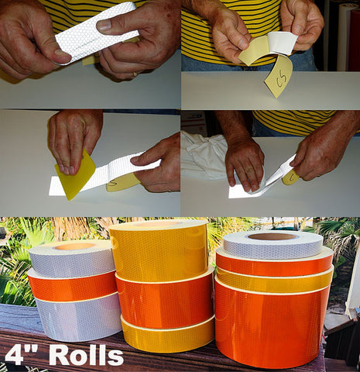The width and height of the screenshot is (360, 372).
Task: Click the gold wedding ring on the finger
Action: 135,74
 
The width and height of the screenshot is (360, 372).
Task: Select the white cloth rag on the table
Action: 204,155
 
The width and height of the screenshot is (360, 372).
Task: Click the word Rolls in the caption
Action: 87,356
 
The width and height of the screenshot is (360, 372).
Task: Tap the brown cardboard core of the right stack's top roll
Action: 273,236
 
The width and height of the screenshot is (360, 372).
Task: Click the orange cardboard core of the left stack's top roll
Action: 74,246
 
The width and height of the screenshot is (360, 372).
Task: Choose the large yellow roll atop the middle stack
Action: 159,250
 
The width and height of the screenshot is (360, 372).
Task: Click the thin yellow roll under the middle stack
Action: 168,335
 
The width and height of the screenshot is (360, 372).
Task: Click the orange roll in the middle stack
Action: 165,300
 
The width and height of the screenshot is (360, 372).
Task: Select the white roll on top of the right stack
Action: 273,246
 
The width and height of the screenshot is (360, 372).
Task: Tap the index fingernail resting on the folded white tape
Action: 104,26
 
